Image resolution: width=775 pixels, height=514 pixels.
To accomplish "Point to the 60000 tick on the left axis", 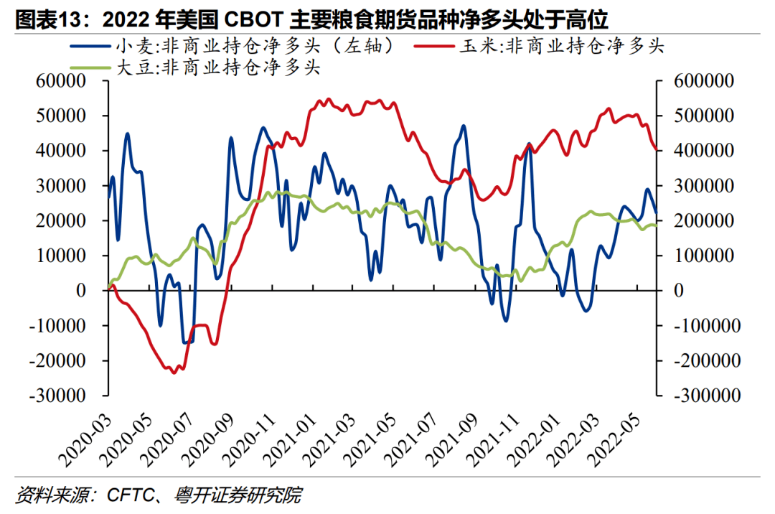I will point(60,81).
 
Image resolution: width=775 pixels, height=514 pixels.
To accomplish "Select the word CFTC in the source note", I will point(128,495).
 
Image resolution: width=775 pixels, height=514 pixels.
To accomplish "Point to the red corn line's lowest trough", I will point(173,373).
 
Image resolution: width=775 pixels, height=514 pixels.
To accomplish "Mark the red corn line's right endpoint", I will point(656,149).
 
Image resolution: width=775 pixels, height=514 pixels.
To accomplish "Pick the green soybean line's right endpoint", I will point(656,225).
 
